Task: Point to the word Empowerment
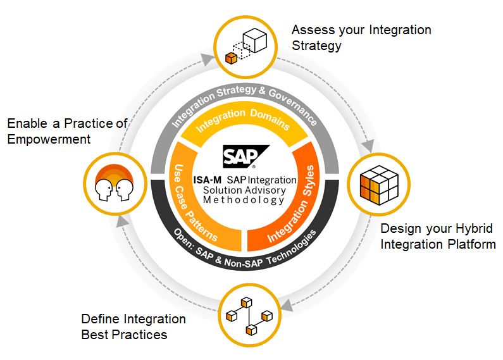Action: (49, 139)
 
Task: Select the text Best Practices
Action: (124, 335)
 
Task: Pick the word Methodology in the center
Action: (244, 200)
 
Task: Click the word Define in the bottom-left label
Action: (101, 319)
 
